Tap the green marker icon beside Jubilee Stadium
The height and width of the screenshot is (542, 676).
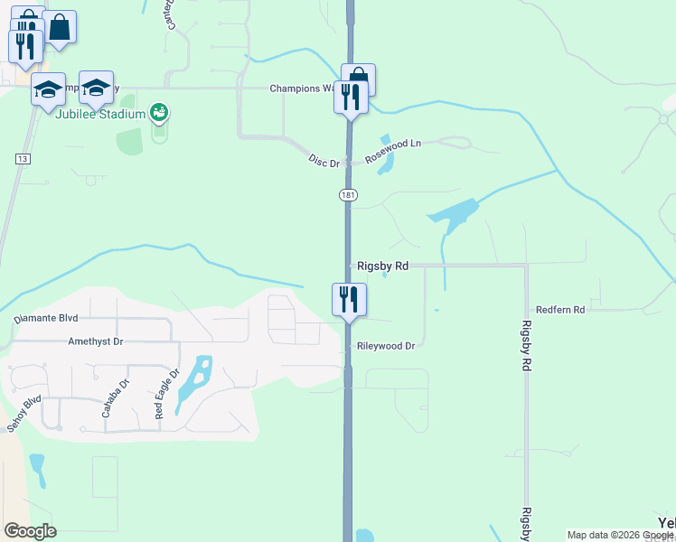point(159,113)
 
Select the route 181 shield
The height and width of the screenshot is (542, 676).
point(348,195)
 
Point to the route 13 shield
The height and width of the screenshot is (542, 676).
point(23,159)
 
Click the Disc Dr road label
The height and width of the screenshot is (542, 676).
point(323,161)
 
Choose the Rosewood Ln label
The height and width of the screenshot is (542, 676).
point(393,151)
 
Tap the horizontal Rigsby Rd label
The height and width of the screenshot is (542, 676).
point(383,266)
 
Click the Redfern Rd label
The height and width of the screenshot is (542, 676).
point(560,310)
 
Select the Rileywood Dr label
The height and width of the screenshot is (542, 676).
point(385,346)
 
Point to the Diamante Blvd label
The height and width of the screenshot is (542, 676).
point(46,319)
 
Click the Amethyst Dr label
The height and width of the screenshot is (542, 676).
point(95,342)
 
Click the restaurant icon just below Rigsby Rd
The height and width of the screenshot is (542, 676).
point(349,298)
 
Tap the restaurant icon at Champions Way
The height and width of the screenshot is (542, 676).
point(351,96)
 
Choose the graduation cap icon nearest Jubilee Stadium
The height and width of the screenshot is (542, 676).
point(96,88)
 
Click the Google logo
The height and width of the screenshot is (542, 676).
point(30,531)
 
